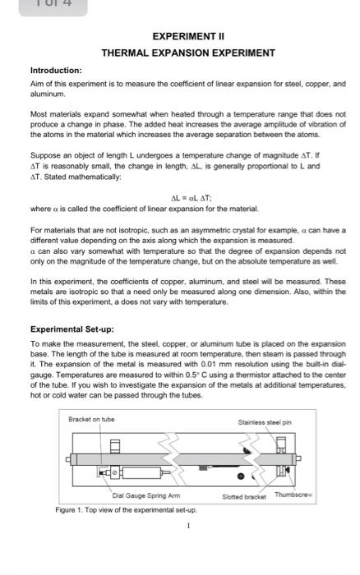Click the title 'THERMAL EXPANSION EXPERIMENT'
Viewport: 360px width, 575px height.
(x=188, y=53)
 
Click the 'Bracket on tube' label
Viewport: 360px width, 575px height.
(x=91, y=418)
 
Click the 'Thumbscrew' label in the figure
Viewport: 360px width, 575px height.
(x=293, y=494)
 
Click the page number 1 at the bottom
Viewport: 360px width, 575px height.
(x=188, y=527)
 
